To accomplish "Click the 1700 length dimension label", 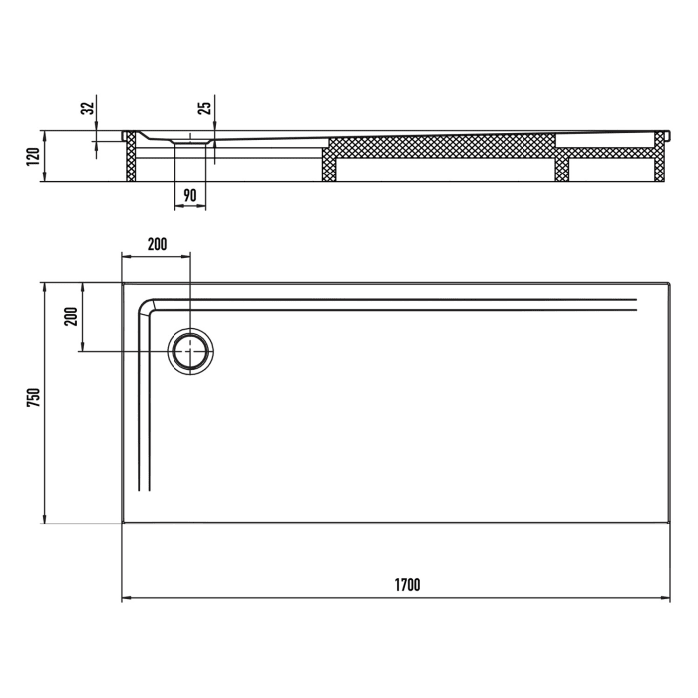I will point(406,585).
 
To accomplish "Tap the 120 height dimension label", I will point(33,157).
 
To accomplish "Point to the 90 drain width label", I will point(190,195).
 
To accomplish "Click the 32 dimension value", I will point(87,107).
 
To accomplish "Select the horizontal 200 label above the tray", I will point(156,244).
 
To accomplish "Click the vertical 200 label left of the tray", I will point(70,317).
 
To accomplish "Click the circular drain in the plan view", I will point(189,352).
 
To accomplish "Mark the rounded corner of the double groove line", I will point(146,304).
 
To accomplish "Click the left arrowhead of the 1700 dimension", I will point(125,599).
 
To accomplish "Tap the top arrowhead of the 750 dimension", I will point(44,286).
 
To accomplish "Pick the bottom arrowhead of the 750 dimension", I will point(44,519).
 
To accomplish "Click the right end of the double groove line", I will point(635,305).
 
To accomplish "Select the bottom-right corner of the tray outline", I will point(670,522).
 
